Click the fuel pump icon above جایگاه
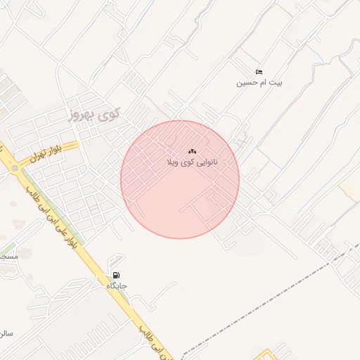coord(116,275)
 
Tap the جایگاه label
coord(116,286)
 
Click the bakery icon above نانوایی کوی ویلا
coord(192,152)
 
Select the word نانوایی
coord(205,162)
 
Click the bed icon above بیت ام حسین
coord(259,72)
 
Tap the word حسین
coord(243,83)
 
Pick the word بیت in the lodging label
coord(276,83)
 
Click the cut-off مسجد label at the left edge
coord(7,257)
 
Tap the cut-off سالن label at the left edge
coord(6,332)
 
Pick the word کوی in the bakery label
coord(186,162)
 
